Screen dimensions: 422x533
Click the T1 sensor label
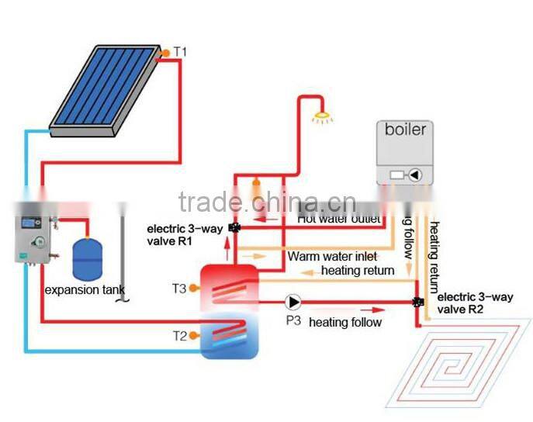point(180,52)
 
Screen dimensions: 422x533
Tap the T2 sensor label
point(179,336)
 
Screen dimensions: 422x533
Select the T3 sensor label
point(179,289)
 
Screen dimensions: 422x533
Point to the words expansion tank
point(85,290)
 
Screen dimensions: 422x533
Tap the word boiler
point(406,129)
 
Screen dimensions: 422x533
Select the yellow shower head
point(318,119)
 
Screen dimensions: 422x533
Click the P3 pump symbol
point(293,301)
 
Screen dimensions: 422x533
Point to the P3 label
point(292,320)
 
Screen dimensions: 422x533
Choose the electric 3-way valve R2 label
point(470,304)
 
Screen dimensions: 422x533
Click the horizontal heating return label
point(358,270)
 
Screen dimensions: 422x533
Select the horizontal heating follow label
point(345,322)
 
